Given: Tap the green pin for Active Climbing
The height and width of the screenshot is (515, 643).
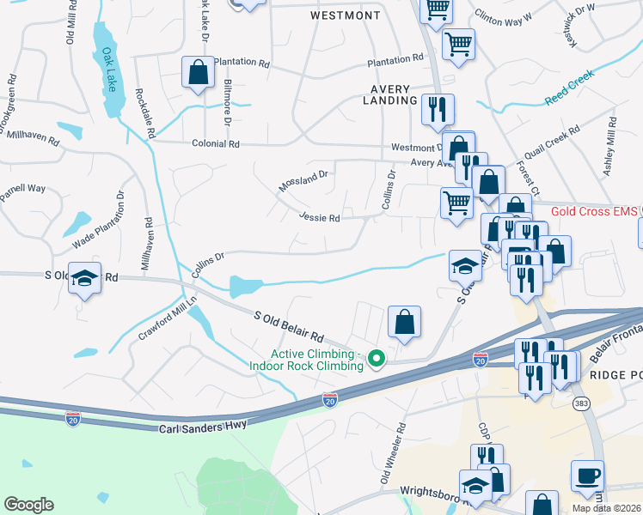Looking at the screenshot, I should pos(376,358).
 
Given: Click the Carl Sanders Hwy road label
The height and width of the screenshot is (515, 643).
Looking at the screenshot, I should pos(203,425).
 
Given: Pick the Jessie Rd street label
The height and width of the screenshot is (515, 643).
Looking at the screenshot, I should pos(320,218).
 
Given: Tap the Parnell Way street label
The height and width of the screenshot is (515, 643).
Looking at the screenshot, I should pos(22,193).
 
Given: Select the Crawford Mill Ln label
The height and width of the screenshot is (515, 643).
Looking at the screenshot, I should pos(168,318).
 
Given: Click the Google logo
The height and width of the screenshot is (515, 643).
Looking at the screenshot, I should pos(28,505).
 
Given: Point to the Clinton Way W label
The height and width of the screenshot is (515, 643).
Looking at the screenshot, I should pos(504,15).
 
